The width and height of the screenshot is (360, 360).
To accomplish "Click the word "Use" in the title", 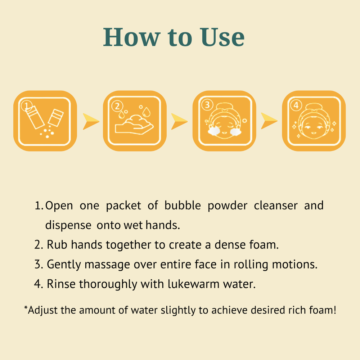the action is pyautogui.click(x=222, y=37).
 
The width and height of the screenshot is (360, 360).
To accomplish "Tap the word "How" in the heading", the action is pyautogui.click(x=131, y=37).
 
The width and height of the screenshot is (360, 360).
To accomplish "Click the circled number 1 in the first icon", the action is pyautogui.click(x=26, y=105).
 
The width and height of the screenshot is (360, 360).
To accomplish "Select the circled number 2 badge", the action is pyautogui.click(x=117, y=106).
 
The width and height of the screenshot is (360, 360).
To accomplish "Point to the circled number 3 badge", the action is pyautogui.click(x=207, y=105).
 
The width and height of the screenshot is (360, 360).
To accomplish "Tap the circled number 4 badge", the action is pyautogui.click(x=296, y=105).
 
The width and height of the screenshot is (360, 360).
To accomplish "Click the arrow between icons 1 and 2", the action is pyautogui.click(x=91, y=121).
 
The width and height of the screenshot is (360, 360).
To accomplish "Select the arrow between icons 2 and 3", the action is pyautogui.click(x=179, y=121).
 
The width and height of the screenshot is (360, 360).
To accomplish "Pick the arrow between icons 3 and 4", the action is pyautogui.click(x=269, y=121).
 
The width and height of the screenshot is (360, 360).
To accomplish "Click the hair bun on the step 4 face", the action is pyautogui.click(x=314, y=107).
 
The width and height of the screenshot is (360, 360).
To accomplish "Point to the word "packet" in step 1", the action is pyautogui.click(x=123, y=206).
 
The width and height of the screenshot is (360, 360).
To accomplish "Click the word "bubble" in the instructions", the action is pyautogui.click(x=183, y=205).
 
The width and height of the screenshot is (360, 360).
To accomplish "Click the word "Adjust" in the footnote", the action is pyautogui.click(x=43, y=310).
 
